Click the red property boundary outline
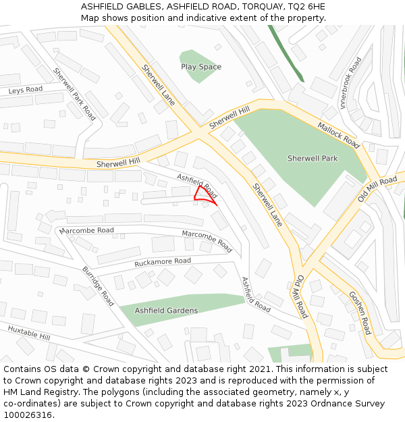[205, 194]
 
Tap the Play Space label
[201, 67]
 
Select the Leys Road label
[25, 90]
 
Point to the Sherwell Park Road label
[75, 95]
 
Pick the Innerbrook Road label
[352, 82]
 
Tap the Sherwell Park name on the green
[312, 159]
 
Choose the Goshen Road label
[360, 313]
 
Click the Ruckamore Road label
[163, 261]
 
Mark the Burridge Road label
[98, 286]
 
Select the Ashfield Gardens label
[166, 311]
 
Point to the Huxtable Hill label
[29, 332]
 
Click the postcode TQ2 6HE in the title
[307, 6]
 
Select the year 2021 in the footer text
[258, 369]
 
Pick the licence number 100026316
[28, 415]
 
